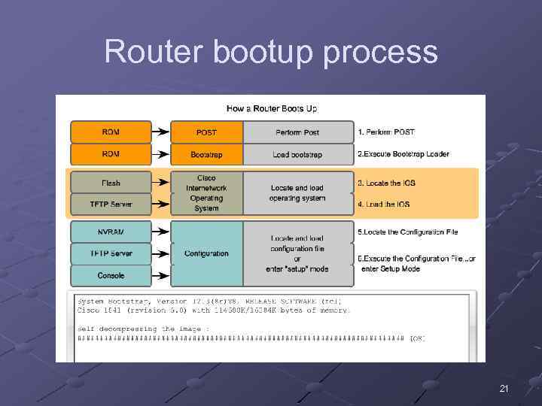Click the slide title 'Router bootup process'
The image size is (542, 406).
[x=271, y=53]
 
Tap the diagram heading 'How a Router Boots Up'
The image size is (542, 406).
[x=272, y=109]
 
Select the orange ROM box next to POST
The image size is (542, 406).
[x=111, y=132]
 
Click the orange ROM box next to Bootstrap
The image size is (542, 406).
[x=111, y=154]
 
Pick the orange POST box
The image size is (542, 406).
[x=206, y=132]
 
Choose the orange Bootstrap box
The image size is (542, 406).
[x=206, y=155]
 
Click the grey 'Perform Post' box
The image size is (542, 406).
[x=297, y=132]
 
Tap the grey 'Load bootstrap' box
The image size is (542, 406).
[x=297, y=155]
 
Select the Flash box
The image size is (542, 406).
[x=111, y=183]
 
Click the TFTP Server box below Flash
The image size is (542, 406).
[x=111, y=204]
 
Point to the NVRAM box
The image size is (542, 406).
[x=111, y=232]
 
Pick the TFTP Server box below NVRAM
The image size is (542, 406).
[x=111, y=253]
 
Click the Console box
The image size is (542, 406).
[x=111, y=275]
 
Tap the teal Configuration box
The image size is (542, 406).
[x=206, y=253]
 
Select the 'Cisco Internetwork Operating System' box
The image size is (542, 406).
[x=206, y=193]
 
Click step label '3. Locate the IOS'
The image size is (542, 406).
[x=386, y=183]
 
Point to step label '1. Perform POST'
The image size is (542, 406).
[x=385, y=132]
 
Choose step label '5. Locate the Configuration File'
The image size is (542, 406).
[x=407, y=232]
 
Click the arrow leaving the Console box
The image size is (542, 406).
[x=160, y=275]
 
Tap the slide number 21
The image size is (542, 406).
[x=504, y=388]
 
